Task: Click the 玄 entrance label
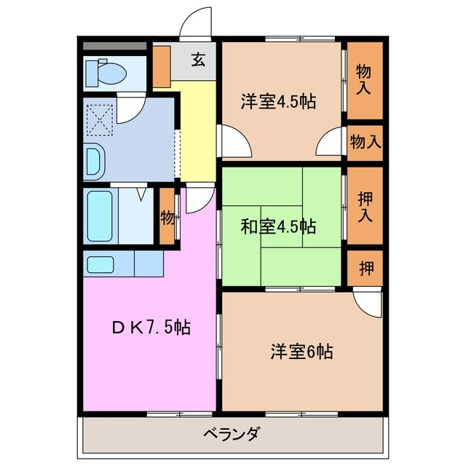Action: coord(198,60)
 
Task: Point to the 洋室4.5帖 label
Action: coord(279,102)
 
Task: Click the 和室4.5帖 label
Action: coord(279,226)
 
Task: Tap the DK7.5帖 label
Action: coord(151,328)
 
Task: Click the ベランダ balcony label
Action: coord(231,435)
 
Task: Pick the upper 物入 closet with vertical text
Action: coord(363,79)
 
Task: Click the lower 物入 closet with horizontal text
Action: coord(364,142)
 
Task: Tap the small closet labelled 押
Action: coord(364,268)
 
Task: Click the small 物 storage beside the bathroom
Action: coord(167,217)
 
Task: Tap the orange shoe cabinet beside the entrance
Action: coord(161,66)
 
